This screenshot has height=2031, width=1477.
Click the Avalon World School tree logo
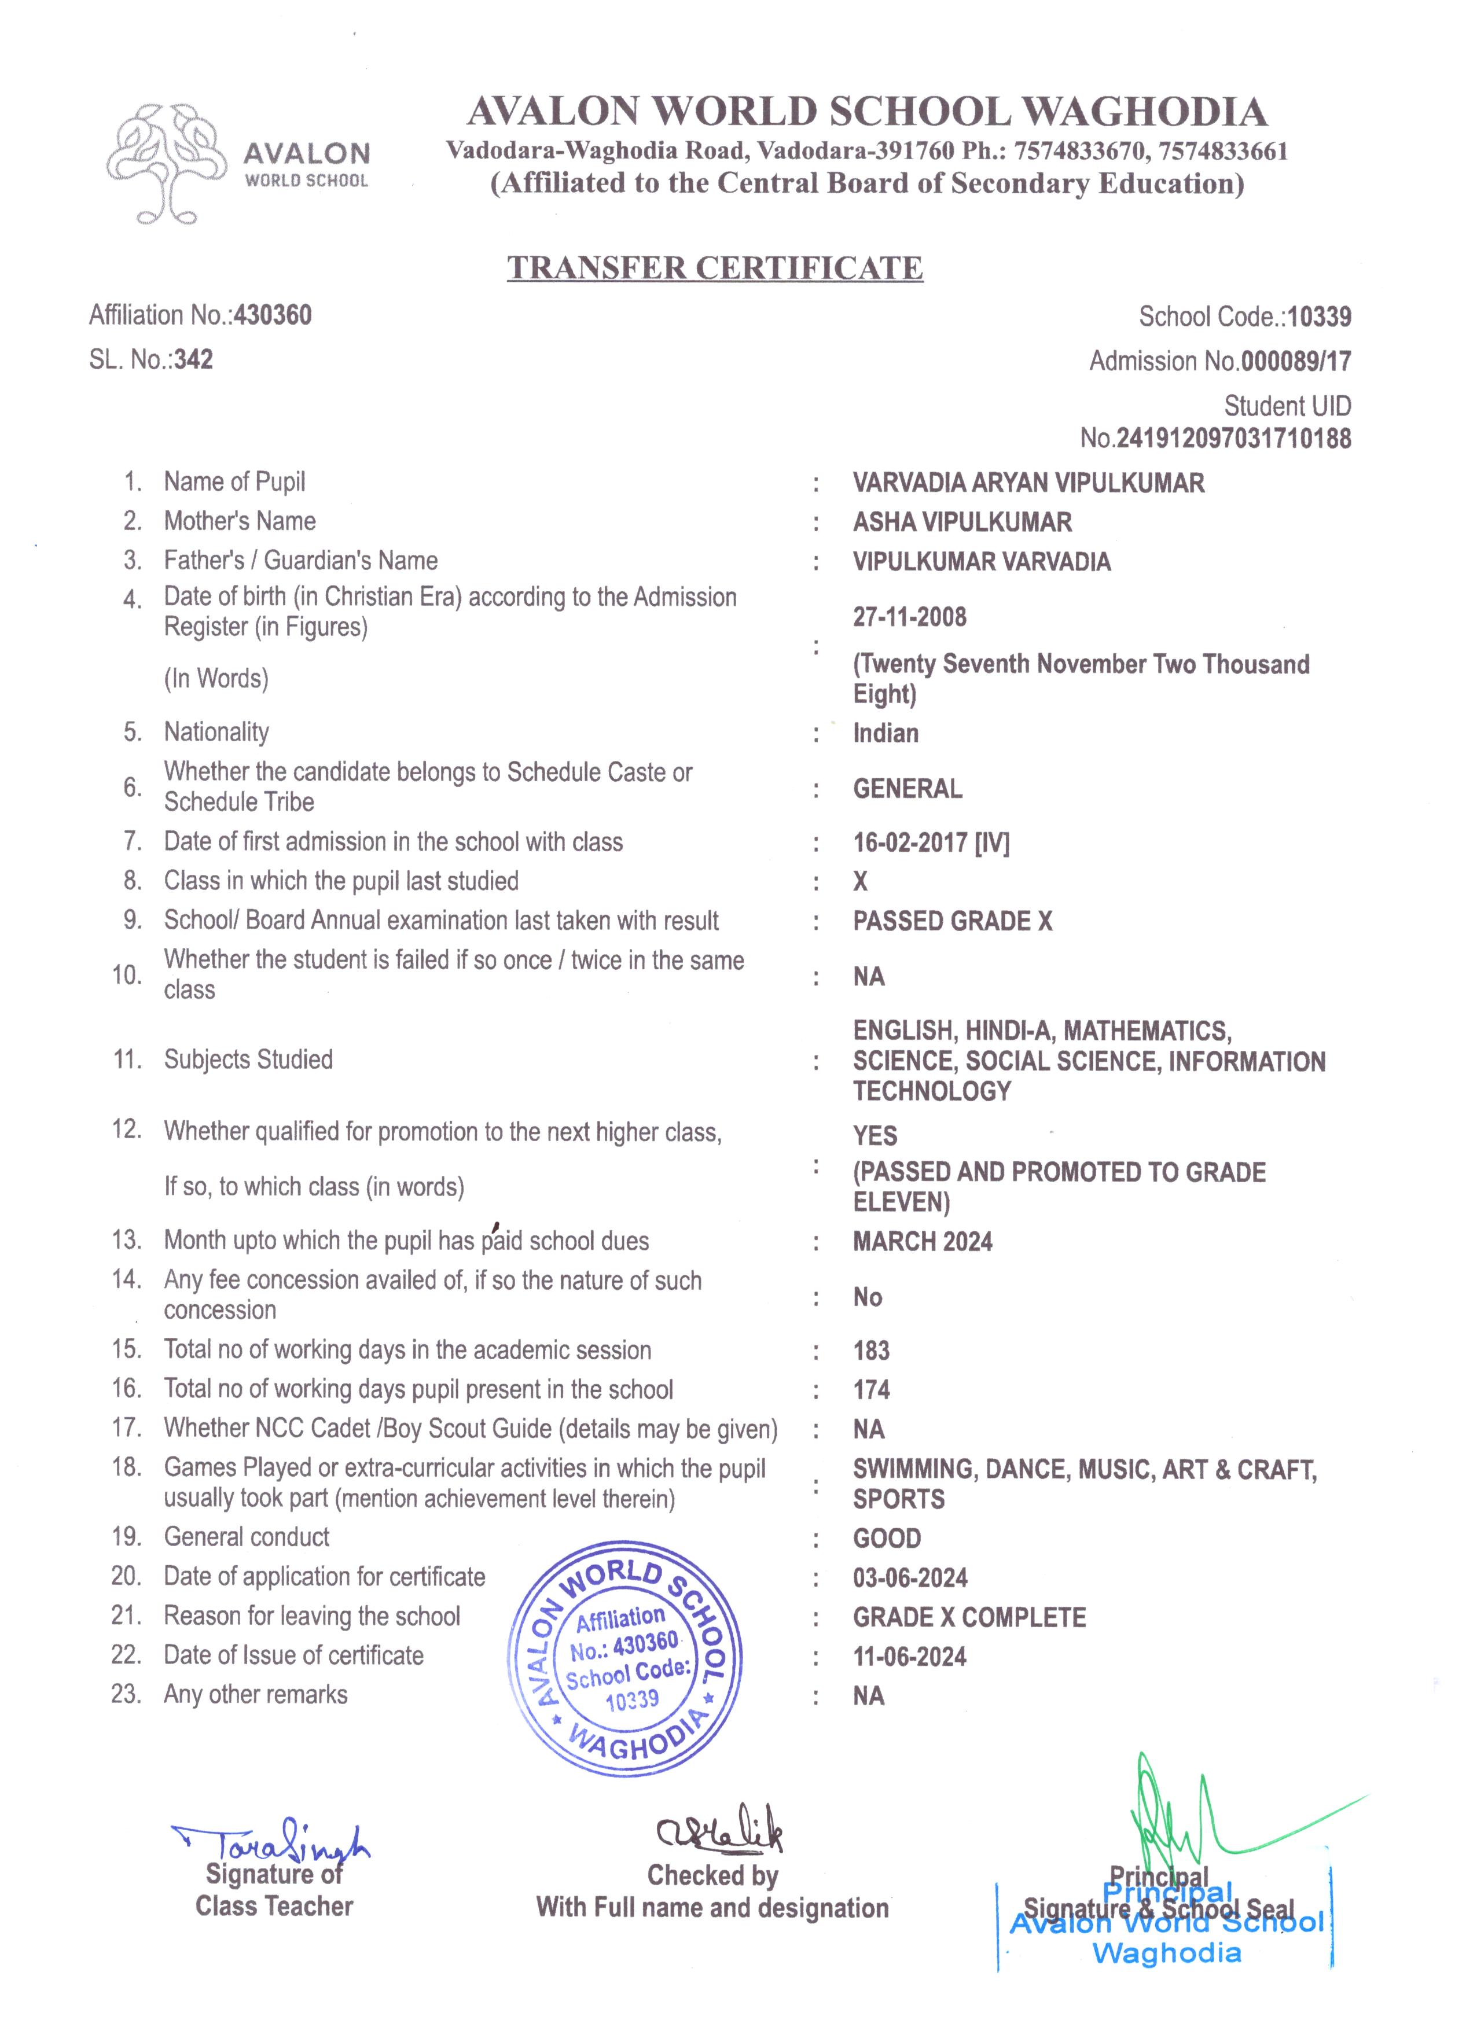click(x=167, y=163)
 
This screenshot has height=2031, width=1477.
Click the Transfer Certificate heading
click(x=715, y=268)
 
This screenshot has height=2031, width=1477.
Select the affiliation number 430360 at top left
click(x=272, y=315)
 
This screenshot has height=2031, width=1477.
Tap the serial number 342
click(x=193, y=360)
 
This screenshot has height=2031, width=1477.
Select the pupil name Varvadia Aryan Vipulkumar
click(x=1028, y=484)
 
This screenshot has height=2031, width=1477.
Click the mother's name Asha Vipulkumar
click(x=962, y=522)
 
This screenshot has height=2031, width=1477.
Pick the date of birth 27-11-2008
click(x=909, y=617)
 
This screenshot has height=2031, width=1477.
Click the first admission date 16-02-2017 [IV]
click(x=931, y=842)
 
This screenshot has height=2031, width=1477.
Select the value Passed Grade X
click(x=952, y=921)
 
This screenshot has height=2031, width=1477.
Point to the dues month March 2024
click(x=923, y=1242)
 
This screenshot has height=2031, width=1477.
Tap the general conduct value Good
click(x=887, y=1539)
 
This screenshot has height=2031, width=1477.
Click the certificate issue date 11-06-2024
click(x=909, y=1657)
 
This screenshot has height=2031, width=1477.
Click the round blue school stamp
click(x=625, y=1658)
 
